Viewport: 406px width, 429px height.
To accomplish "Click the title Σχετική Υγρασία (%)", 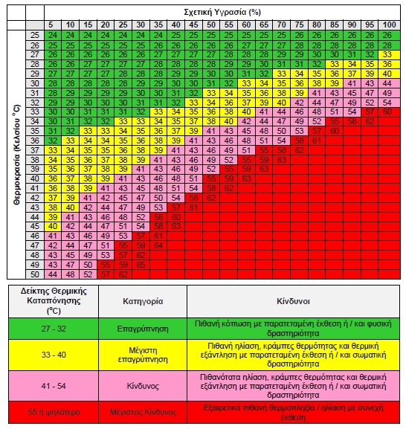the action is (222, 13).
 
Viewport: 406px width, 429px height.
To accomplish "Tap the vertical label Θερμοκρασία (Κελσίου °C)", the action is (16, 155).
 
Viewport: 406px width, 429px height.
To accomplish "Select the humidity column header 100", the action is (390, 25).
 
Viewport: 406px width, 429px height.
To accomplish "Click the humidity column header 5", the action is (51, 25).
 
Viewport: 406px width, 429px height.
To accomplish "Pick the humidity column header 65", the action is (264, 25).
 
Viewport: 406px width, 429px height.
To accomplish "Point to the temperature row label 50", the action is (35, 274).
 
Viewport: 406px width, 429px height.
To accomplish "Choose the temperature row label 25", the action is (35, 35).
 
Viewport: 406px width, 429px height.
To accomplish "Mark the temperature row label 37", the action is (35, 150).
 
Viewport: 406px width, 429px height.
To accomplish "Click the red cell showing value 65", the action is (141, 265).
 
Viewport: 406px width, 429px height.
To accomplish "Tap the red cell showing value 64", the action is (158, 245).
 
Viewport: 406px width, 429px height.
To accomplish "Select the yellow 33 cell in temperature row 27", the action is (387, 54).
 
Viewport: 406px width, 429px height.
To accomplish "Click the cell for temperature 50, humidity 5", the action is (53, 274).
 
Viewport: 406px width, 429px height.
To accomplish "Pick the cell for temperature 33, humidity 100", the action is (387, 112).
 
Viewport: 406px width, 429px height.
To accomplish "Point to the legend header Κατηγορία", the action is (143, 301).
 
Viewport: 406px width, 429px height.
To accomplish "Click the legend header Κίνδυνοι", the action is (293, 301).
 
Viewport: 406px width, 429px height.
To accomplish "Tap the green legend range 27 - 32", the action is (54, 329).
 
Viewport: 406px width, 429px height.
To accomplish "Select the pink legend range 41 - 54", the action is (54, 386).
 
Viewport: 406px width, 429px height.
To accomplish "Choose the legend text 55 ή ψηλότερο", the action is (54, 412).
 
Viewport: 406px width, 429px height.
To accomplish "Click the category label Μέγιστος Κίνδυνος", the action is (143, 412).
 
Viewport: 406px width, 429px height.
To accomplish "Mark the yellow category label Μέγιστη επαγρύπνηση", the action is (143, 355).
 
